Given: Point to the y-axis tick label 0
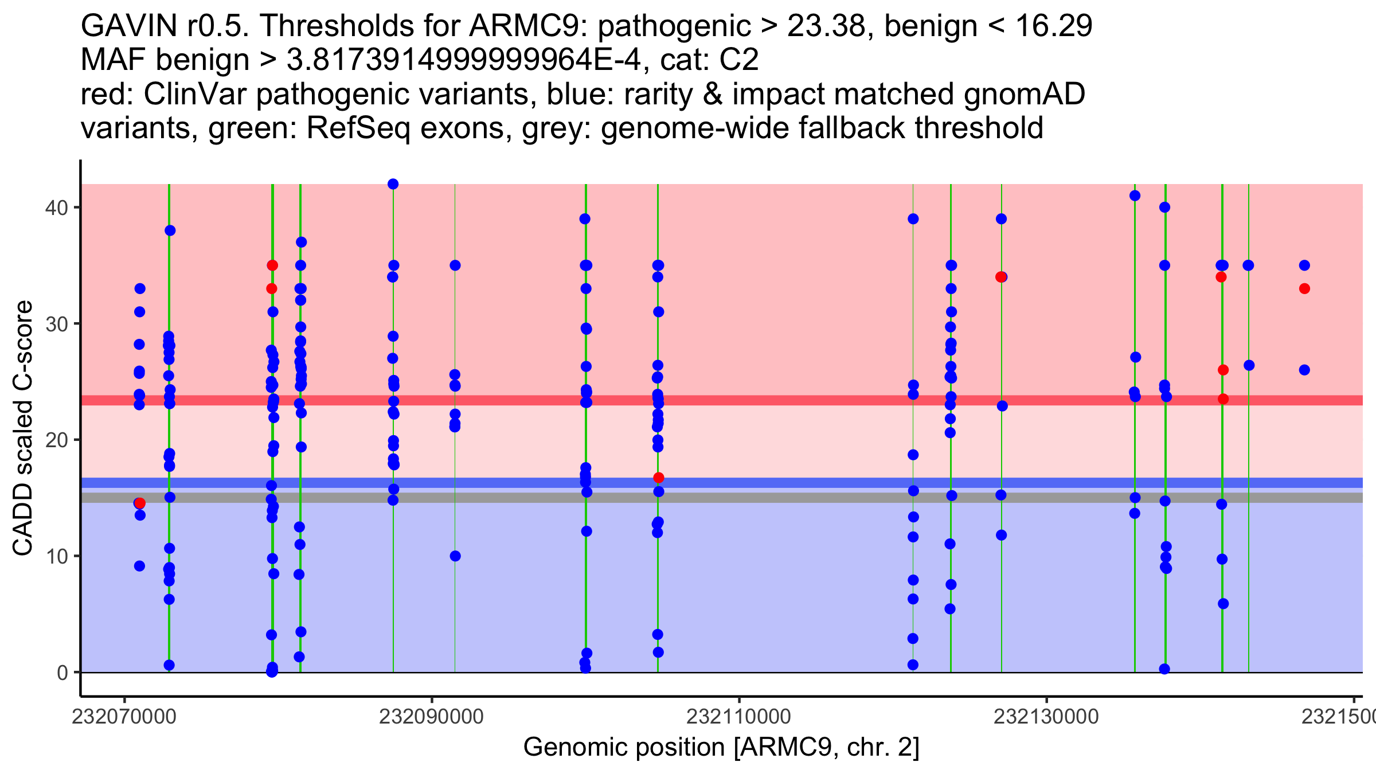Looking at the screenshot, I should [x=62, y=673].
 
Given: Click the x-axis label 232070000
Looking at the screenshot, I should [x=124, y=717].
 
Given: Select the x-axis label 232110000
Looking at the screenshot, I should [x=738, y=717].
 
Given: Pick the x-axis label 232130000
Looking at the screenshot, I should [x=1046, y=717].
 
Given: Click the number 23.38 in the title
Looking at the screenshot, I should [x=831, y=26].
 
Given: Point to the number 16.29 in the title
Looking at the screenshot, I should [x=1054, y=26].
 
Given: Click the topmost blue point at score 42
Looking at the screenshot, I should [x=393, y=184].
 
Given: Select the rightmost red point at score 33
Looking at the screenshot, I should [x=1304, y=288].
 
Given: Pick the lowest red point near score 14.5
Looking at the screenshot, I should [x=140, y=503].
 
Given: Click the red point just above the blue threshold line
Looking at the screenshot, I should [x=659, y=478].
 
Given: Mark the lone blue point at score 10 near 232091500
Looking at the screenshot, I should [x=455, y=556].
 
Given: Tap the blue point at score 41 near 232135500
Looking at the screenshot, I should [x=1135, y=196].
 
